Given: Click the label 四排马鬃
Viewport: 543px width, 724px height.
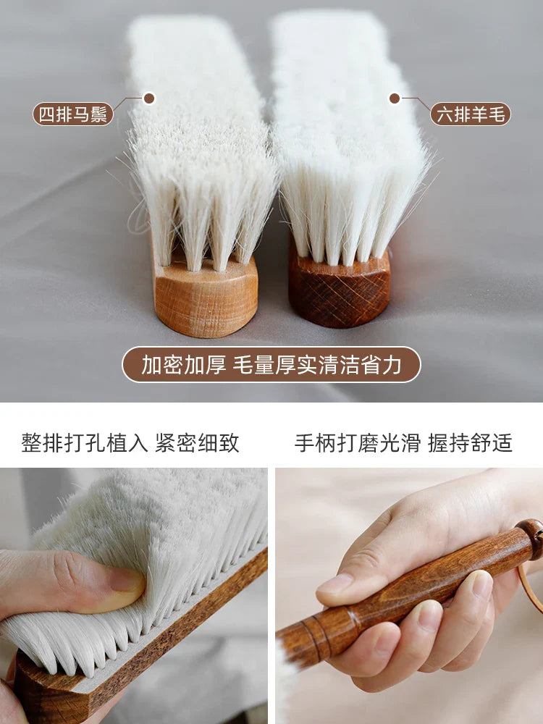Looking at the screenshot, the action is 73,114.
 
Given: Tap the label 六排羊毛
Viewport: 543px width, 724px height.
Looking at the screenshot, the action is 471,114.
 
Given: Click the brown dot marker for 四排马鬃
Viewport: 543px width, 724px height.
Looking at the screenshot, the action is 149,98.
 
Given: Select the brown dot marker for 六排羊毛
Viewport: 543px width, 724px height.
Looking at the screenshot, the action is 395,98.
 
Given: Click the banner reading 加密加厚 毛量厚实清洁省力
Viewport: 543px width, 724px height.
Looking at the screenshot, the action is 271,365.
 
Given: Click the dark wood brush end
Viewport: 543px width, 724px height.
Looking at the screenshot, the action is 340,290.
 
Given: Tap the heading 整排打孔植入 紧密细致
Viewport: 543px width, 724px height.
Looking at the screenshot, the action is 130,443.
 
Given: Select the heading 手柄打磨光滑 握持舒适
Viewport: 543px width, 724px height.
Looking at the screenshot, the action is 403,443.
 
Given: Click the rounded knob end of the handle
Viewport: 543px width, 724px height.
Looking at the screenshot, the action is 531,539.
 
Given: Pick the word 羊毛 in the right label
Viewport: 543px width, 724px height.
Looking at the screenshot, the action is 489,114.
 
